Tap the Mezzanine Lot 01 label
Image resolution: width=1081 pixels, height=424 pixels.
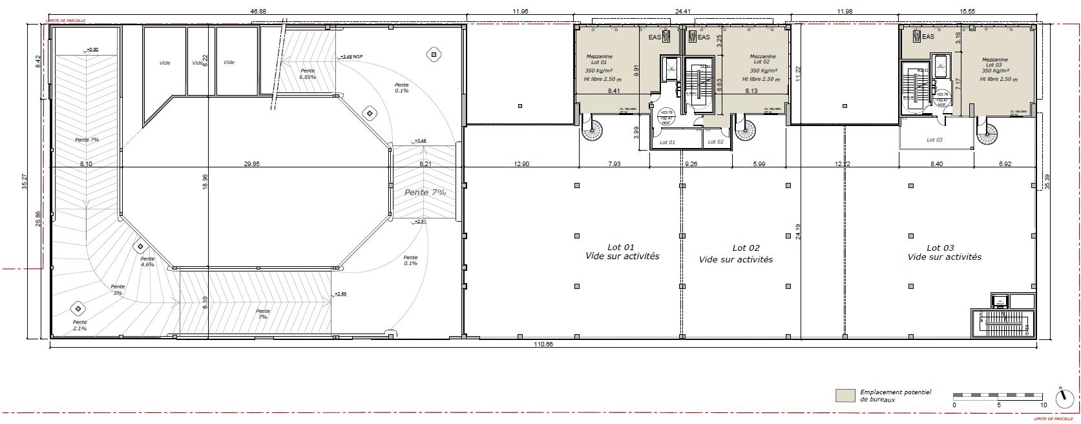pyautogui.click(x=599, y=59)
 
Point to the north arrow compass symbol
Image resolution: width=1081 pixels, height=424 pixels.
pyautogui.click(x=1064, y=399)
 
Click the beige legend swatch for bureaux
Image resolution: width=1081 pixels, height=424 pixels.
pyautogui.click(x=845, y=395)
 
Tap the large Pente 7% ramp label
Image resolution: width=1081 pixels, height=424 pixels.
pyautogui.click(x=425, y=193)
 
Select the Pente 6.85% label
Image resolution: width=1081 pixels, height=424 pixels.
pyautogui.click(x=308, y=74)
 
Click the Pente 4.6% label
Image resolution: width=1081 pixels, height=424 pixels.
pyautogui.click(x=147, y=261)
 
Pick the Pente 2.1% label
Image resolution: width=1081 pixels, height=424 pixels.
pyautogui.click(x=79, y=325)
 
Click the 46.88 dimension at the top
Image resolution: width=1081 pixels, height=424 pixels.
pyautogui.click(x=258, y=11)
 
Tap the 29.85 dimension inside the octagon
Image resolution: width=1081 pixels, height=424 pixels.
pyautogui.click(x=251, y=164)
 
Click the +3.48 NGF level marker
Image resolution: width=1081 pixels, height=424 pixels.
pyautogui.click(x=351, y=57)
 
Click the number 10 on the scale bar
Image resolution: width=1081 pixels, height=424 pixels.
pyautogui.click(x=1043, y=405)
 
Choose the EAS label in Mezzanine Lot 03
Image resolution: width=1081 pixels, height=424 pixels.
pyautogui.click(x=928, y=37)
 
